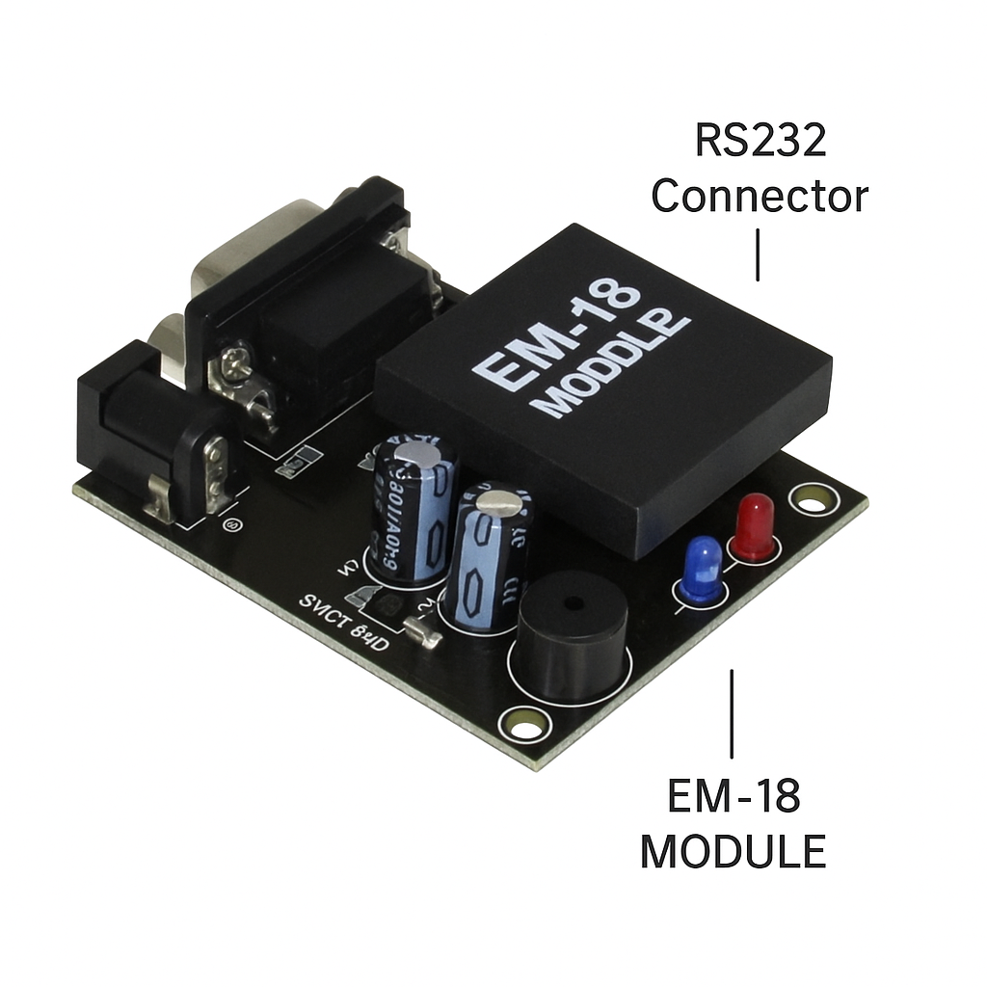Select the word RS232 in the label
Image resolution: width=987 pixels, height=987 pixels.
point(760,142)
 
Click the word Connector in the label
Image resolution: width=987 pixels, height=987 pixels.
point(760,197)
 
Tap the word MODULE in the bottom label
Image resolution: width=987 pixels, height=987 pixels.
point(733,851)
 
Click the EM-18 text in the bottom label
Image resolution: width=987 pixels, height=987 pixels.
point(734,797)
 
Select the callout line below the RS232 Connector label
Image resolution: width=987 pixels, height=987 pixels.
point(758,254)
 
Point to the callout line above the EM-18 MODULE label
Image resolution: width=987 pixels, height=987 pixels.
point(732,713)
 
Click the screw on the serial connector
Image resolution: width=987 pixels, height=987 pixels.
point(234,363)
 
